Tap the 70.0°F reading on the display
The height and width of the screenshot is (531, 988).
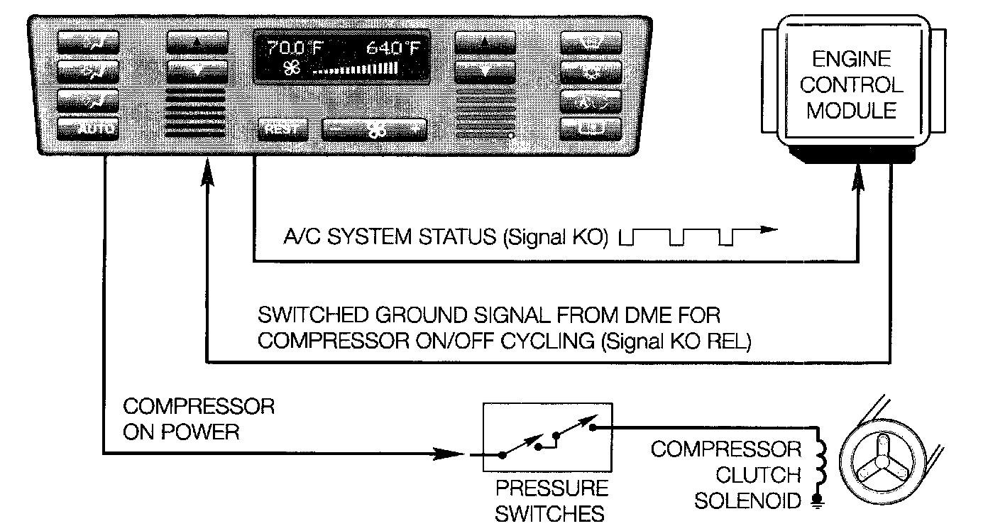(x=295, y=49)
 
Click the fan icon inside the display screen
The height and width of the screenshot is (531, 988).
(x=292, y=69)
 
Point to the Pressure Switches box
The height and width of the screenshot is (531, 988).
(x=547, y=437)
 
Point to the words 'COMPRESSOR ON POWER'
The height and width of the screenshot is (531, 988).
(x=199, y=419)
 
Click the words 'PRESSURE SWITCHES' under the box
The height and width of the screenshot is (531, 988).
(x=551, y=500)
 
